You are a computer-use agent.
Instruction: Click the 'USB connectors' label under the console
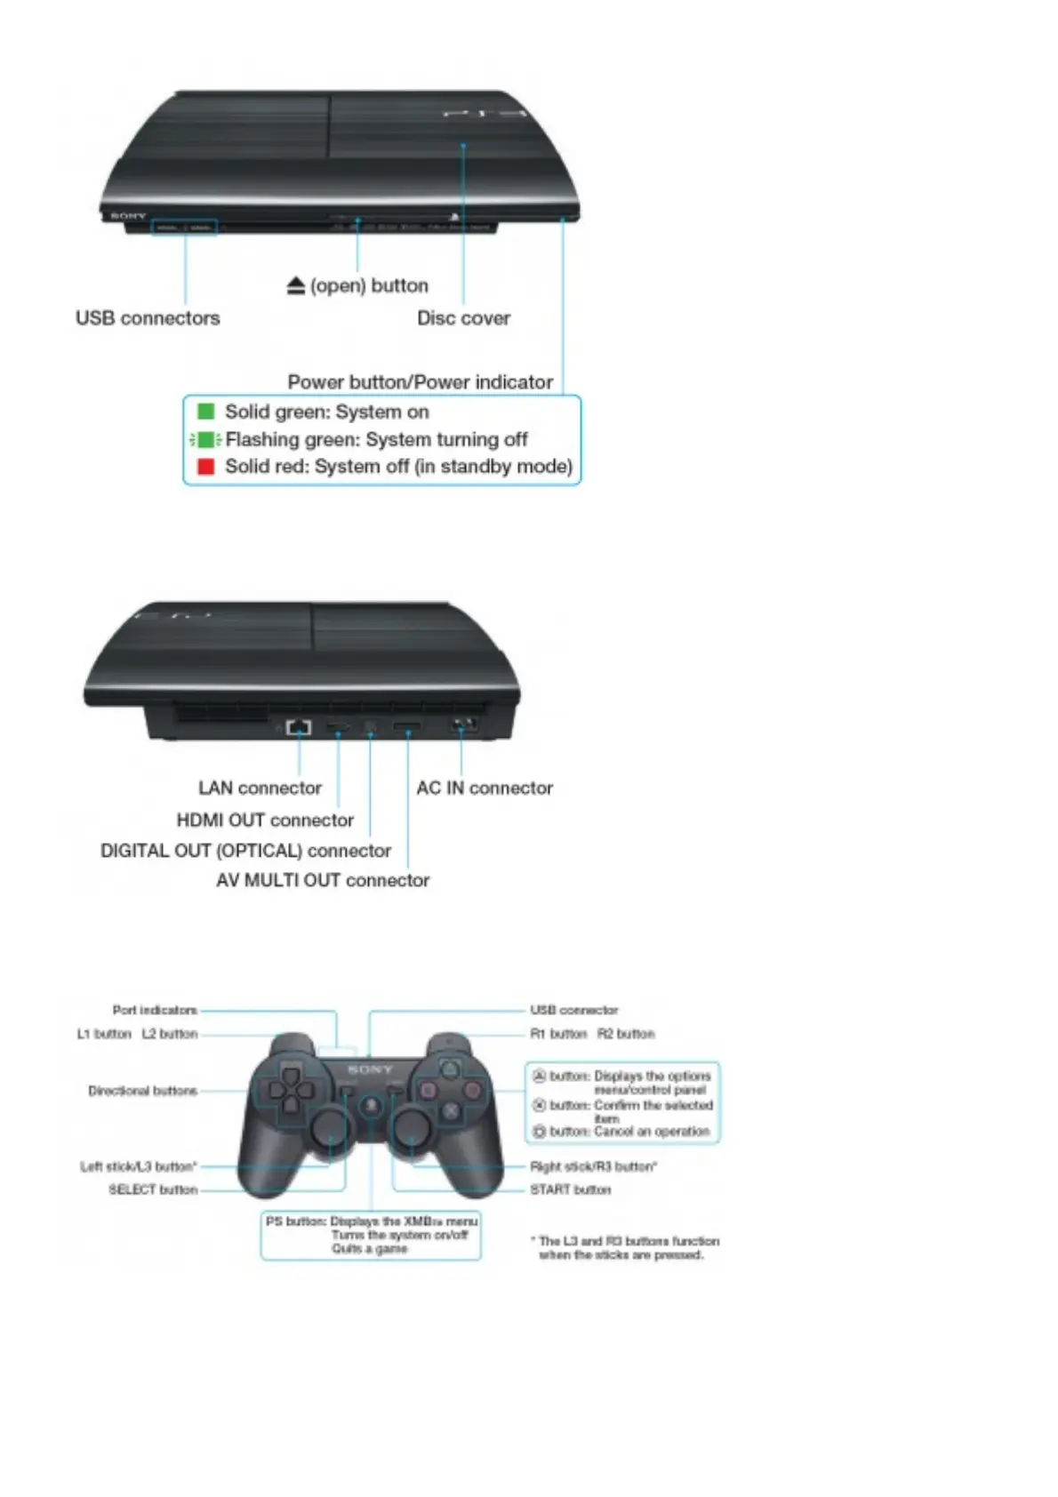click(148, 318)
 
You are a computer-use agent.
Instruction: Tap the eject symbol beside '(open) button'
click(296, 286)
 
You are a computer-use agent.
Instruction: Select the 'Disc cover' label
click(463, 318)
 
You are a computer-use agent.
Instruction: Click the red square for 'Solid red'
click(205, 467)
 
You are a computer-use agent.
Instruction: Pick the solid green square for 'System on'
click(205, 412)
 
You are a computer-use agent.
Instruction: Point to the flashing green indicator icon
click(205, 439)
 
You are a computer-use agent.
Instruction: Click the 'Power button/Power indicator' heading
click(420, 382)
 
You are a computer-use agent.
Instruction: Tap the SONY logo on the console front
click(128, 216)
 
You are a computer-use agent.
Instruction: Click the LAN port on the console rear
click(299, 727)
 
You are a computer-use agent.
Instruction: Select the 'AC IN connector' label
click(485, 789)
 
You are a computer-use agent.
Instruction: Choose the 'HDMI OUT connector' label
click(265, 821)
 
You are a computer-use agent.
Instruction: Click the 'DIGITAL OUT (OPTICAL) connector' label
click(245, 851)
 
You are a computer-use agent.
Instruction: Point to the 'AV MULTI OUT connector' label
click(323, 880)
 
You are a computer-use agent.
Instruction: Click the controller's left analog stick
click(327, 1128)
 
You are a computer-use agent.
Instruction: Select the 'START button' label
click(571, 1189)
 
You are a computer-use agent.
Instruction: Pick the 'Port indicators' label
click(155, 1010)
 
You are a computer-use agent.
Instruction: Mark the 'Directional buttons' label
click(142, 1091)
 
